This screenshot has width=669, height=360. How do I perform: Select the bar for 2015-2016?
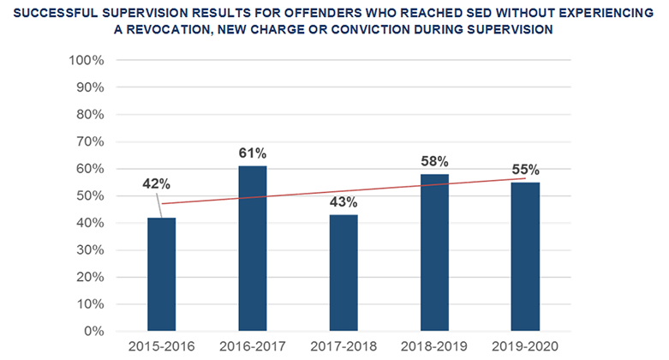(161, 274)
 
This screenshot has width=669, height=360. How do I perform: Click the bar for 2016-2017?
(252, 249)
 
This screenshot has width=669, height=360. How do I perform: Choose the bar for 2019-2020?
(525, 256)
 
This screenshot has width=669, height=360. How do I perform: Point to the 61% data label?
(252, 153)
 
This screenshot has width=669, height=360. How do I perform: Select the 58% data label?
(434, 161)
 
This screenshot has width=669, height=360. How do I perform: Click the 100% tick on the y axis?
(86, 61)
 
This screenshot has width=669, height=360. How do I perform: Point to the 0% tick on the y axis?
(92, 331)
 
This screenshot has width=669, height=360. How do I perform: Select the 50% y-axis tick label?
(89, 195)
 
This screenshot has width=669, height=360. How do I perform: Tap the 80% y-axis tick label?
(89, 115)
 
